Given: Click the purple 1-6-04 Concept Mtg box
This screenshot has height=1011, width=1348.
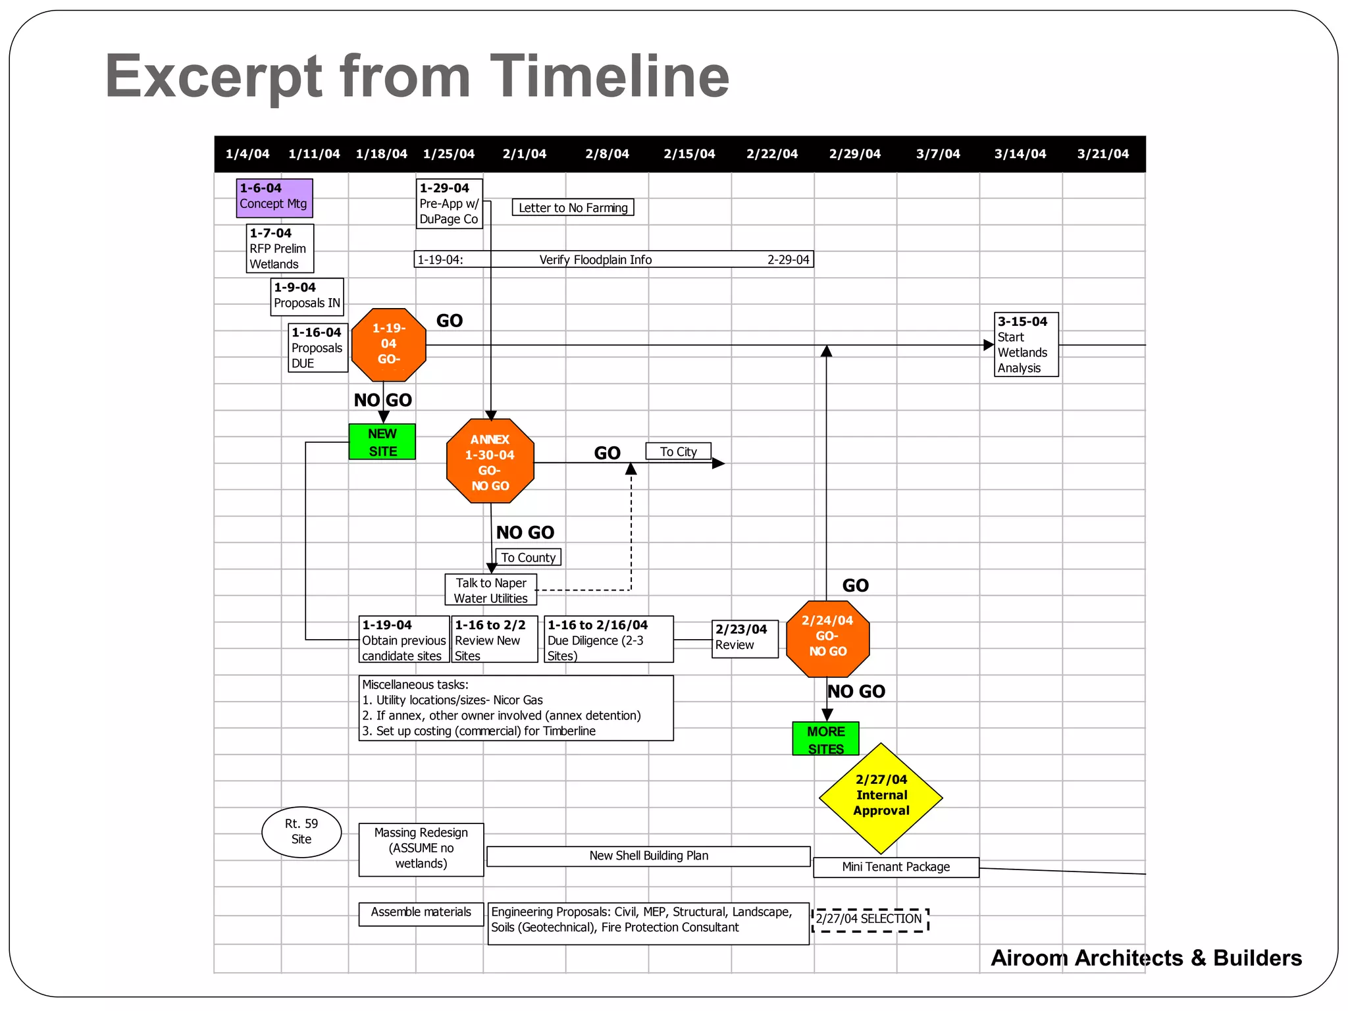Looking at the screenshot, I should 274,197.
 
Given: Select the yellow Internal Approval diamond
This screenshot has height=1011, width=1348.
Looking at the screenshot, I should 881,797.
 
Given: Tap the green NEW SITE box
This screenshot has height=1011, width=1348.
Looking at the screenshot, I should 382,442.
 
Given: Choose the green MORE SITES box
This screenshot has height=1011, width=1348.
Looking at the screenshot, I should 825,739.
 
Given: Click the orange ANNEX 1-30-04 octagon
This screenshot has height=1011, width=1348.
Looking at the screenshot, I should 490,461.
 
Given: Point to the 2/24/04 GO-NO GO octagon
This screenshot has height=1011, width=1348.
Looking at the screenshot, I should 827,638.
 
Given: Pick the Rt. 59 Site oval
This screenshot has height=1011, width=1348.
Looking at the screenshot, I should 301,832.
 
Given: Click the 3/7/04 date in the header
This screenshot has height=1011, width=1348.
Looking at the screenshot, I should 938,154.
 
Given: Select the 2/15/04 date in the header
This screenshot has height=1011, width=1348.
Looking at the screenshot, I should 689,154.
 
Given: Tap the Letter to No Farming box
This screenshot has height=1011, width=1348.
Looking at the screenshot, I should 573,208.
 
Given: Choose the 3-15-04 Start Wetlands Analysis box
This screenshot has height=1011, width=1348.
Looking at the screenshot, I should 1025,344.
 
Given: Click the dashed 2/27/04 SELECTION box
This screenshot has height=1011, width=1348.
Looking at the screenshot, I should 869,920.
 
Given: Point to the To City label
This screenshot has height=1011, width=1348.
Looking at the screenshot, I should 678,452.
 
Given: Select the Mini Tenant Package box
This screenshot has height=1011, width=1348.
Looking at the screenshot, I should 896,867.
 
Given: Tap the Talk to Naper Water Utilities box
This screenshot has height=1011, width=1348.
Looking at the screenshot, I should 490,590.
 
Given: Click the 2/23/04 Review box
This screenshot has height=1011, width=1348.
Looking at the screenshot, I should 744,638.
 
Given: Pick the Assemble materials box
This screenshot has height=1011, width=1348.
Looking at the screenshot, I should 421,913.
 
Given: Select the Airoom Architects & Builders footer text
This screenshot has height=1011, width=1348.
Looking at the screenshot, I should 1146,958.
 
